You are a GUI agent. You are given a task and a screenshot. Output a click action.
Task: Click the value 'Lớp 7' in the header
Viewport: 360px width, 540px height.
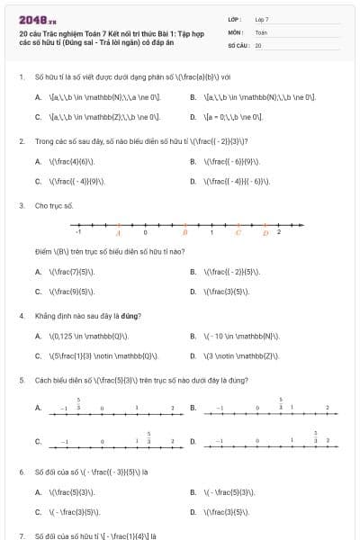tap(262, 19)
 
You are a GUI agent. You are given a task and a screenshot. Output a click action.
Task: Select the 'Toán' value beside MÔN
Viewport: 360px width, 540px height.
tap(261, 31)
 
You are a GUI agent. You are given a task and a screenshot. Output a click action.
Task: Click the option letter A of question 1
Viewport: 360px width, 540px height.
tap(38, 96)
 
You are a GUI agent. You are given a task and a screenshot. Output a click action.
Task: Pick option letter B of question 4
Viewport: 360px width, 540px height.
tap(193, 336)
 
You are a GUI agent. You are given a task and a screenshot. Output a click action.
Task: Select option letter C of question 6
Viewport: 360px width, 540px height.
tap(38, 512)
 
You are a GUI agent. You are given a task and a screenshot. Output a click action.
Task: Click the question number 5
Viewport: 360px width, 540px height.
tap(21, 380)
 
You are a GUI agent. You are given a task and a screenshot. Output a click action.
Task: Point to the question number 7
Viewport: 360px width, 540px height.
tap(21, 535)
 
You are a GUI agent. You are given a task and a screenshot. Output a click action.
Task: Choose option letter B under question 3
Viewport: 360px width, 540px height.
tap(193, 271)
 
